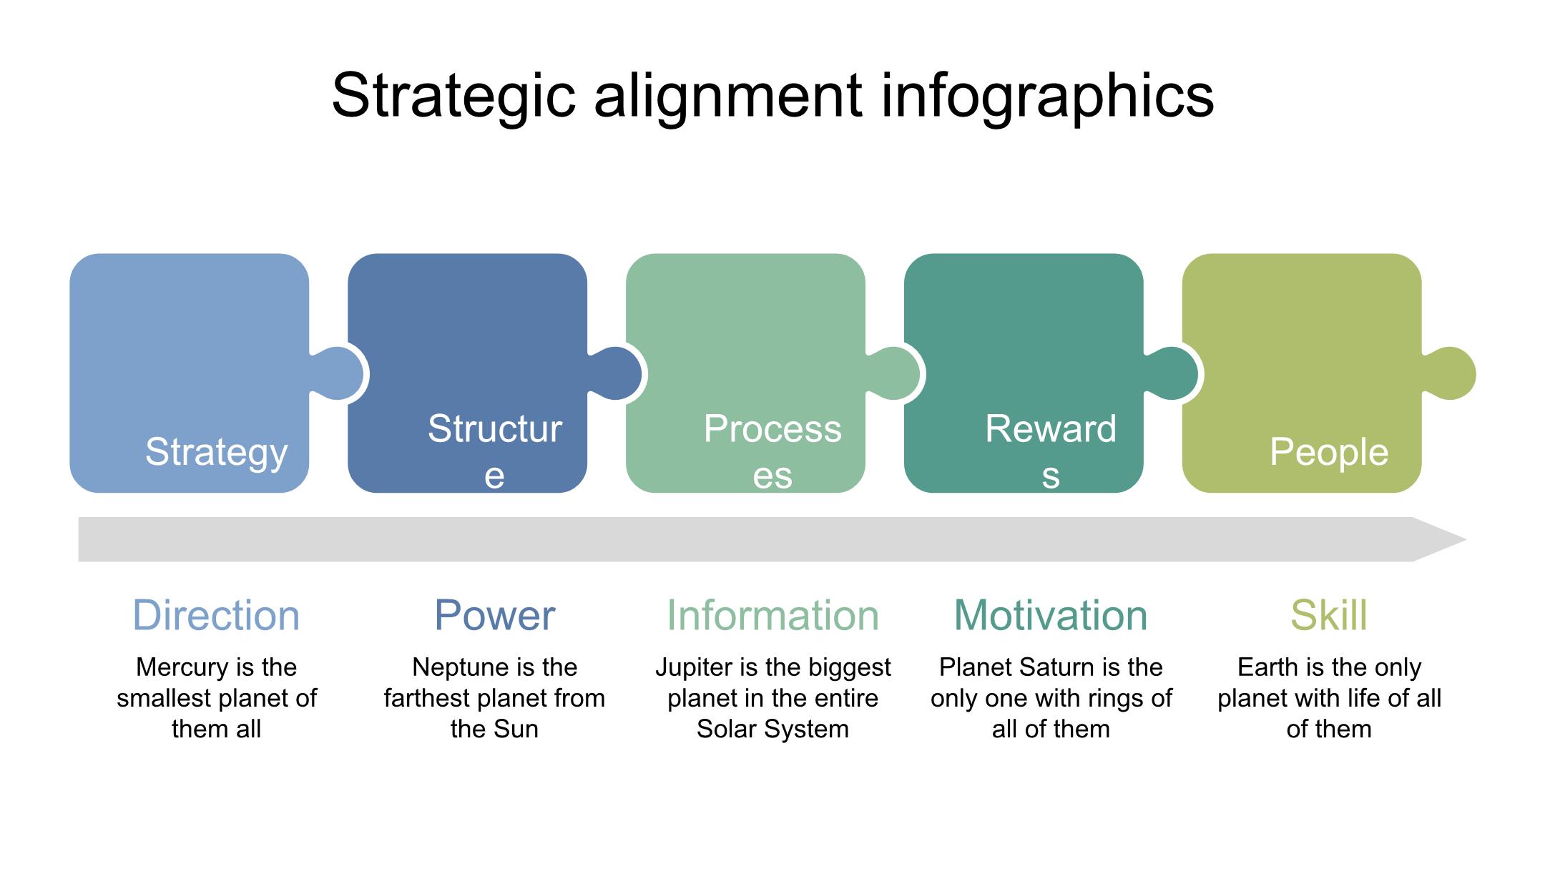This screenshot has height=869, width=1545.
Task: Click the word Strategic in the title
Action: [454, 96]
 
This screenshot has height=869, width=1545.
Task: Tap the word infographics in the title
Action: [1047, 96]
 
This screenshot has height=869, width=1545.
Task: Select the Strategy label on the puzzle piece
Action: [217, 453]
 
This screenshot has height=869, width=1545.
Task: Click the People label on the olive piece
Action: [1329, 452]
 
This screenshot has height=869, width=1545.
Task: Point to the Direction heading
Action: [216, 615]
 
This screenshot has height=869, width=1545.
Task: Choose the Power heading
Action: [494, 615]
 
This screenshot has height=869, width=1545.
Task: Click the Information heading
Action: [772, 615]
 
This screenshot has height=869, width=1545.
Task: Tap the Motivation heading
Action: [1051, 615]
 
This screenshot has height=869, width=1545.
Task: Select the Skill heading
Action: [1329, 615]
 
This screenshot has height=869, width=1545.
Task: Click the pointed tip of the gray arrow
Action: [1466, 540]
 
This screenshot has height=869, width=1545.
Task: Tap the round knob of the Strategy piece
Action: [338, 374]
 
